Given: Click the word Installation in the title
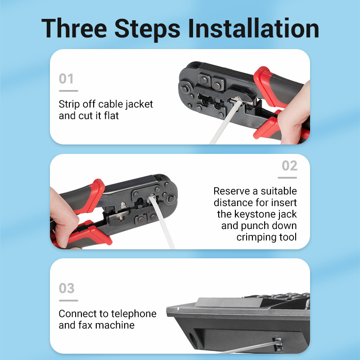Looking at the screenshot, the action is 253,28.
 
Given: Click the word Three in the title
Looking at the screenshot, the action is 74,28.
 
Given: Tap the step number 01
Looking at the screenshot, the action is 66,79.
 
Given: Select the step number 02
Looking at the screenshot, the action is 289,166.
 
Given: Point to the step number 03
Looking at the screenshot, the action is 67,288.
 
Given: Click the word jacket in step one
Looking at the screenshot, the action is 139,104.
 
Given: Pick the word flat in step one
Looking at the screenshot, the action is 111,116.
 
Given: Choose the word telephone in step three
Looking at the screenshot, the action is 134,314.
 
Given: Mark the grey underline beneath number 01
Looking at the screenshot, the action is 68,91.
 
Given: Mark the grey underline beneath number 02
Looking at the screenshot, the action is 287,178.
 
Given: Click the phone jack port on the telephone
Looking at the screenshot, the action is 277,343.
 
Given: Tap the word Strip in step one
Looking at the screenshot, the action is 69,104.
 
